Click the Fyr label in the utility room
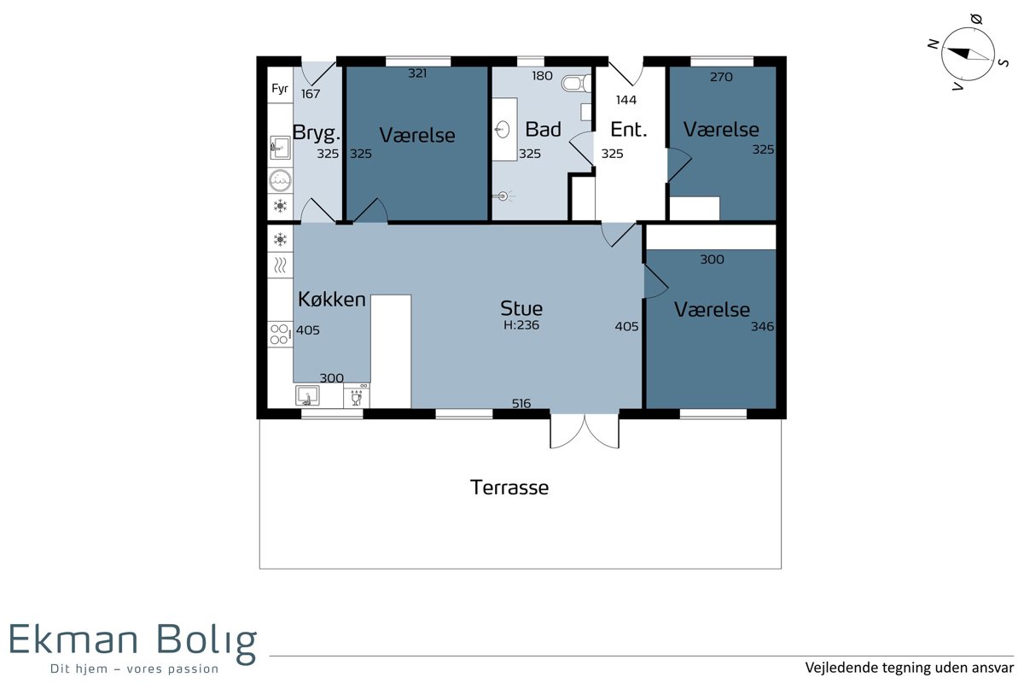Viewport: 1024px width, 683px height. (280, 88)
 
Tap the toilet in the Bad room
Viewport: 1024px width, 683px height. (577, 84)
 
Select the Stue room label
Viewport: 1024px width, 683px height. (521, 308)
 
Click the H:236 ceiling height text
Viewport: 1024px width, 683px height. (521, 325)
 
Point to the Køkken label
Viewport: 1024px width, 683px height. (332, 299)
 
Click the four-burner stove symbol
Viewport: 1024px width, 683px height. (280, 334)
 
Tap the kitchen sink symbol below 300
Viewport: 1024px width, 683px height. (307, 395)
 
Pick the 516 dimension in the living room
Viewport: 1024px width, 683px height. (521, 404)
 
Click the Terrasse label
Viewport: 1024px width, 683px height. (509, 487)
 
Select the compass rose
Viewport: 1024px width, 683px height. (968, 55)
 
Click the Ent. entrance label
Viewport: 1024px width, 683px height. (629, 130)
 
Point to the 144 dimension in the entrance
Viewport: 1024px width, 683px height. (626, 100)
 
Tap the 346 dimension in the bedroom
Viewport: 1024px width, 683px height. (763, 327)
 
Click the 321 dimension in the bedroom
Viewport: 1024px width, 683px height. (417, 73)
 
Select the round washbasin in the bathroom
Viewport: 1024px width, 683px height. (503, 130)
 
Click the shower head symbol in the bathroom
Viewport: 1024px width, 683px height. (503, 196)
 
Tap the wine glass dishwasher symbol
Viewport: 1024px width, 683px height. (357, 396)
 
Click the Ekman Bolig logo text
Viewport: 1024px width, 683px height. (133, 640)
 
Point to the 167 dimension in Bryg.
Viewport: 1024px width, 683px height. (311, 94)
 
